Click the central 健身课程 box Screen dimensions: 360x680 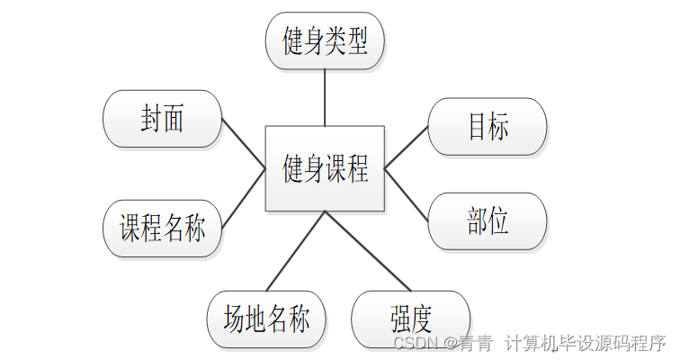pos(325,168)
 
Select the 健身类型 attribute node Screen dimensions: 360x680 pos(325,41)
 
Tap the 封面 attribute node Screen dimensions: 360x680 pos(163,118)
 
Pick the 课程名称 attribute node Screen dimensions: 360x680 pos(163,229)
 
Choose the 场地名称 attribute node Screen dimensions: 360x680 pos(266,319)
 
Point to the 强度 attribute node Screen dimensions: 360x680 pos(411,319)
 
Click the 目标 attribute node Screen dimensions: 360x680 pos(488,127)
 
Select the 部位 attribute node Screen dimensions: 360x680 pos(488,221)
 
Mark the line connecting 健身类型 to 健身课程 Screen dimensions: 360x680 pos(325,97)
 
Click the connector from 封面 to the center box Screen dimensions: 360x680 pos(243,143)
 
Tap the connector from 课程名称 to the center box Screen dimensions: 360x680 pos(243,196)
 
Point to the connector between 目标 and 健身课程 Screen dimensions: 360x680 pos(407,147)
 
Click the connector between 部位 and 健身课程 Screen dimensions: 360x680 pos(407,193)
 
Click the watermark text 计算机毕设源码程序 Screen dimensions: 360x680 pos(585,343)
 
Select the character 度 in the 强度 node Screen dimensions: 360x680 pos(422,319)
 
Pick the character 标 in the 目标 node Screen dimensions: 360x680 pos(498,127)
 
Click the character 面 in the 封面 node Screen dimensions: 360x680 pos(174,118)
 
